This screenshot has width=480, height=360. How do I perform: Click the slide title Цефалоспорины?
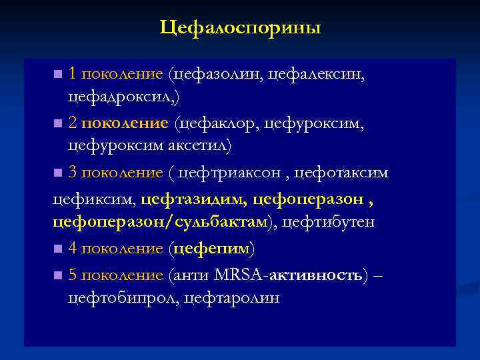240,28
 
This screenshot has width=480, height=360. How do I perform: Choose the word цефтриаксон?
226,173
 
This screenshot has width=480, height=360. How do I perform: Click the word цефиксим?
93,198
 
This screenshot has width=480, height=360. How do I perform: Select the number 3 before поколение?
73,173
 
